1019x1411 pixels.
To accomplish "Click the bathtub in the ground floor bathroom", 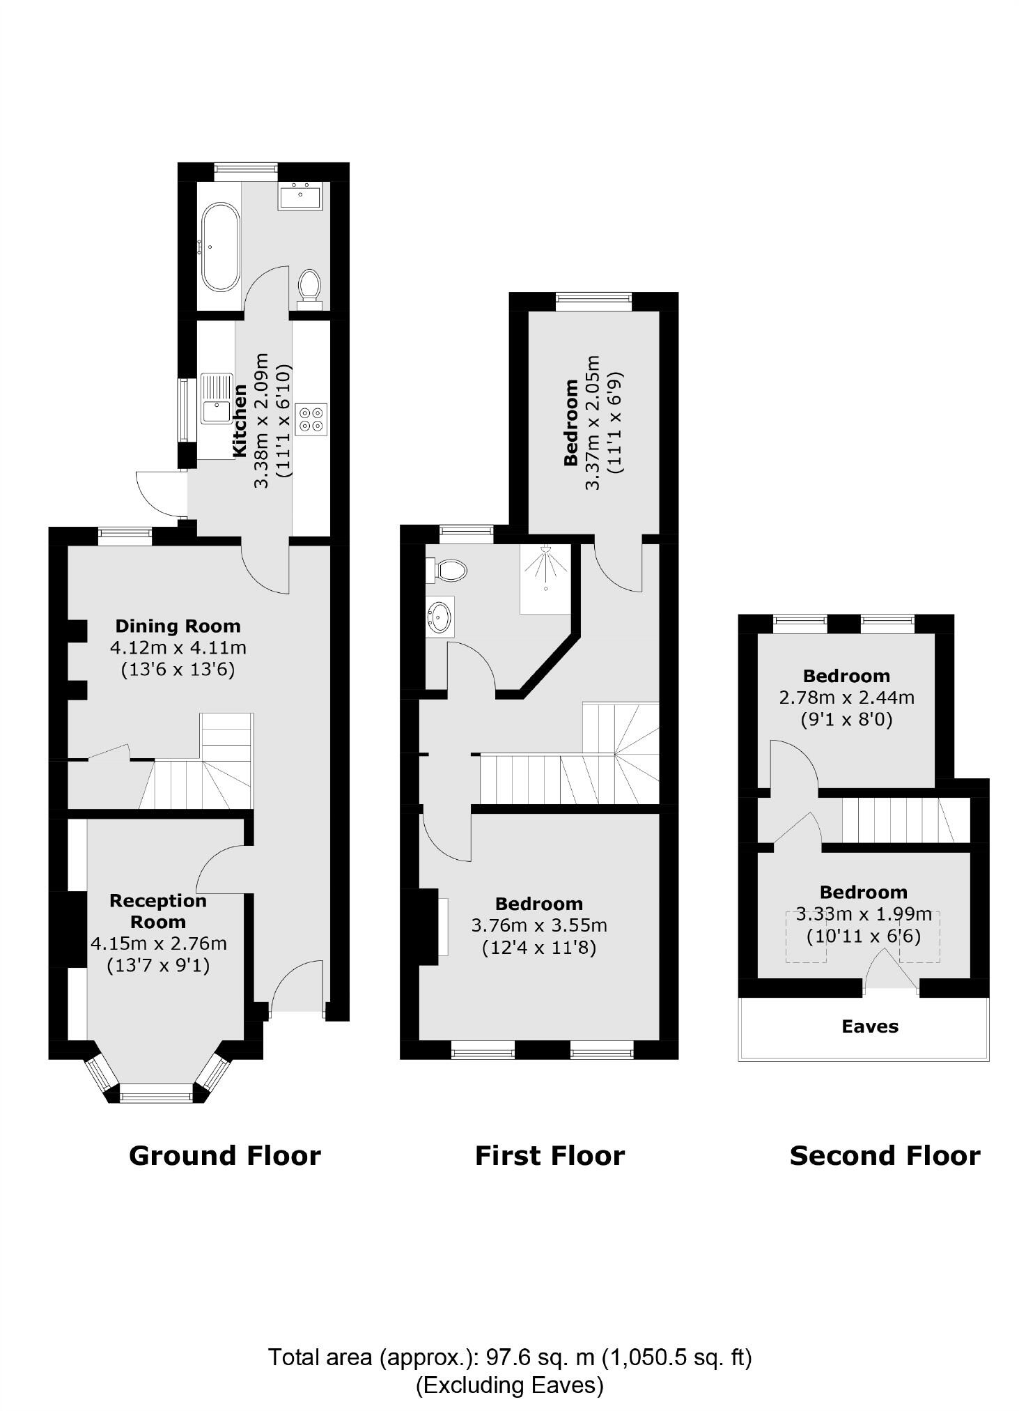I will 220,247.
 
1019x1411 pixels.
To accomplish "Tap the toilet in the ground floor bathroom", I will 309,287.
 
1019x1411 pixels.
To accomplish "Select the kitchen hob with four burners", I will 311,419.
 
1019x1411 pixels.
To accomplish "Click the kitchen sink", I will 217,399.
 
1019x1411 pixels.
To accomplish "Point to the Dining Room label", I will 178,626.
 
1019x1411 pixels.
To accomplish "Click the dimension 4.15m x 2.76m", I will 159,943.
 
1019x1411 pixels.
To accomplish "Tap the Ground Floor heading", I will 224,1156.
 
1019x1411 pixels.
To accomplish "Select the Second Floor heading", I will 884,1156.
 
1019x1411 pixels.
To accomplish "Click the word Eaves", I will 869,1026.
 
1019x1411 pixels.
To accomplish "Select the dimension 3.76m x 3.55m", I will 539,925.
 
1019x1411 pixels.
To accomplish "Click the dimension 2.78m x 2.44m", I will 846,697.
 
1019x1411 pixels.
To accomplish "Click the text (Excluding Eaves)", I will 509,1385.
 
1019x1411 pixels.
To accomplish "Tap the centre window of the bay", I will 155,1095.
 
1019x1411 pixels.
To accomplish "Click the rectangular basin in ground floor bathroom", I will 300,196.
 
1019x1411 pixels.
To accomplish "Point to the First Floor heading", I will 549,1156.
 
